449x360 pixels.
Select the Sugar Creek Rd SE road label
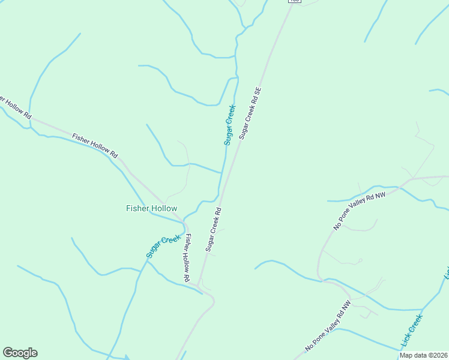tap(250, 113)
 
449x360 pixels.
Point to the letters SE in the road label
tap(258, 92)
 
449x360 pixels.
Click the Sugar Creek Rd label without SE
tap(213, 229)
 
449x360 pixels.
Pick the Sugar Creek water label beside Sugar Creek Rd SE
tap(230, 125)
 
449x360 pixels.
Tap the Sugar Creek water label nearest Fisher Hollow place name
tap(163, 247)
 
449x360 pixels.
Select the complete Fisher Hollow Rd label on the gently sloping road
tap(95, 146)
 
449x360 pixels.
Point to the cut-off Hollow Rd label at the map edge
tap(14, 106)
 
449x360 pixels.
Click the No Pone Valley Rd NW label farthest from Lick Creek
tap(360, 211)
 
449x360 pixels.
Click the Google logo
tap(20, 353)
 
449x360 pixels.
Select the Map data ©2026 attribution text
tap(424, 355)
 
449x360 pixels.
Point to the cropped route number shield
tap(294, 2)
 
